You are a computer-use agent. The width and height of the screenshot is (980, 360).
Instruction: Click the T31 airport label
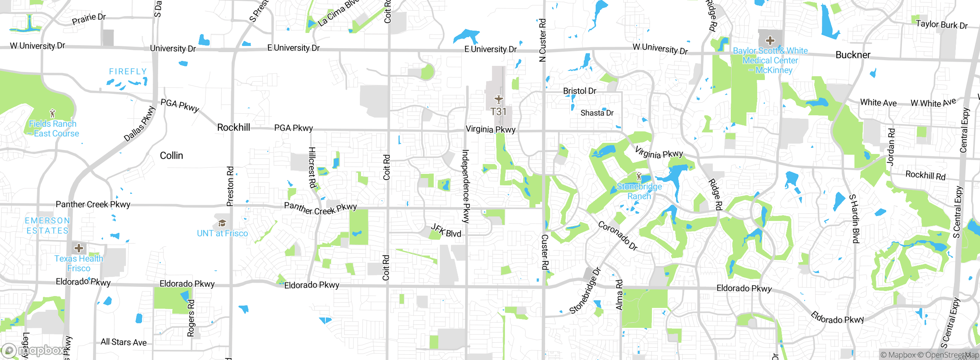click(498, 112)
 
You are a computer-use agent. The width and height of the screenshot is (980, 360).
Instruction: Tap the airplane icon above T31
click(498, 100)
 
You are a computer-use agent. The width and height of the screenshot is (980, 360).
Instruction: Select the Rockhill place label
click(234, 128)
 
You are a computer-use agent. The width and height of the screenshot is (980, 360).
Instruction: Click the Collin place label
click(171, 155)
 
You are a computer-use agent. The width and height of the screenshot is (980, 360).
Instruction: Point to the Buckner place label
click(853, 55)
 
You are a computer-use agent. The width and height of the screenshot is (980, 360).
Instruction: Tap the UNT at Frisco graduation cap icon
click(222, 223)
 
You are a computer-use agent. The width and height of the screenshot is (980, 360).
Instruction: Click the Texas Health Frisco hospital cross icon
click(79, 248)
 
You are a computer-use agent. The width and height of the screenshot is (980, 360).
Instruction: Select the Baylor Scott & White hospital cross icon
click(770, 41)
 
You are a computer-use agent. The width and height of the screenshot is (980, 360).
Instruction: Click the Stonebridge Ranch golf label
click(639, 191)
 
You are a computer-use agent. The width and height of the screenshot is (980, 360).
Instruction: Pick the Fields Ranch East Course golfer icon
click(53, 113)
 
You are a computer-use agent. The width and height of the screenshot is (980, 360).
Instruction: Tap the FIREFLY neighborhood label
click(128, 72)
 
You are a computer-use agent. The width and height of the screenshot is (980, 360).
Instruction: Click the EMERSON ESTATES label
click(47, 226)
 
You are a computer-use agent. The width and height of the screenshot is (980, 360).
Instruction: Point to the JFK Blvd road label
click(446, 231)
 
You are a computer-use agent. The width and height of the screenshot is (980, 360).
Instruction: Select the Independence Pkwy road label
click(465, 186)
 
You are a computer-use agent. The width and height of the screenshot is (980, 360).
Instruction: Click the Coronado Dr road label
click(617, 236)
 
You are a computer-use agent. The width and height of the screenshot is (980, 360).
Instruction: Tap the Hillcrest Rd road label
click(312, 168)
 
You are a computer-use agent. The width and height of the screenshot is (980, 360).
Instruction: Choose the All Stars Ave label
click(123, 342)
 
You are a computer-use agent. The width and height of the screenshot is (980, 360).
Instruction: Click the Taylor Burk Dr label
click(941, 25)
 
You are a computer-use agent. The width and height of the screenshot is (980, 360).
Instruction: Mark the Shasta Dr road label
click(597, 113)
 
